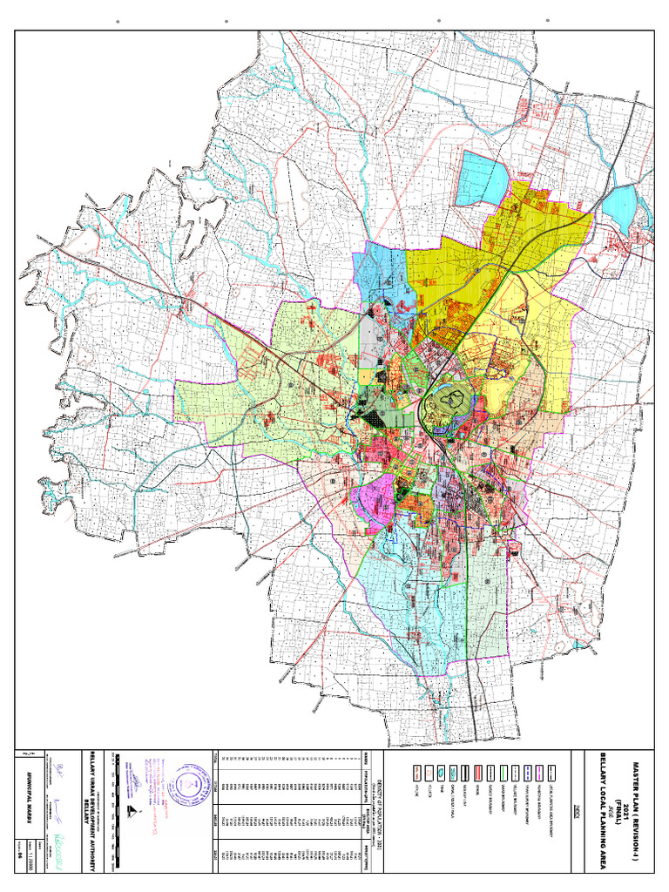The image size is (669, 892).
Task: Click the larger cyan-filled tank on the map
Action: pyautogui.click(x=482, y=177)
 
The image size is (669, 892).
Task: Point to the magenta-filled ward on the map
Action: pyautogui.click(x=370, y=503)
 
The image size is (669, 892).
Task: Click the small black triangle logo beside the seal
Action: pyautogui.click(x=132, y=811)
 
